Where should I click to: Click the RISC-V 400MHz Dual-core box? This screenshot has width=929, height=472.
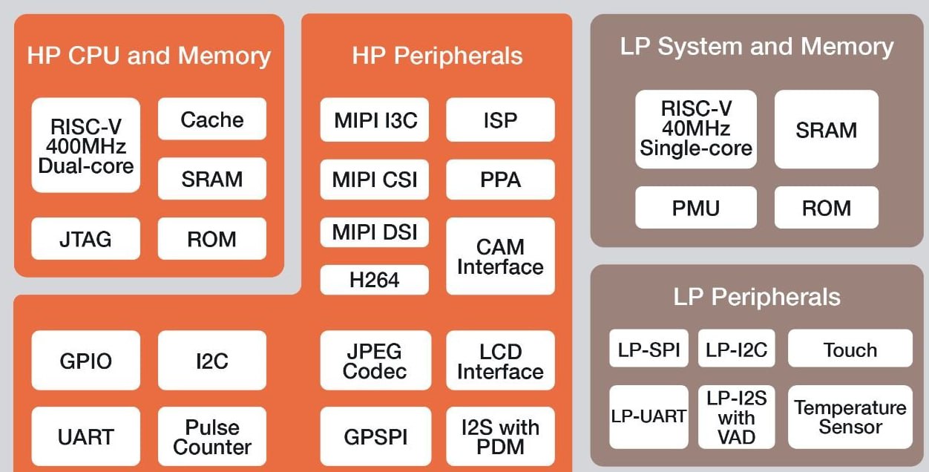click(x=85, y=145)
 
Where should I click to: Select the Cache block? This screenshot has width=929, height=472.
click(x=212, y=119)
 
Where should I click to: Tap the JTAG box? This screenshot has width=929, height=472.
click(x=85, y=239)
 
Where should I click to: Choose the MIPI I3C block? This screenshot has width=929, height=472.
click(x=375, y=119)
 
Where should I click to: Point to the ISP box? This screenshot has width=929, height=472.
click(x=500, y=119)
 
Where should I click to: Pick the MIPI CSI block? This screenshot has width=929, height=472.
click(x=375, y=179)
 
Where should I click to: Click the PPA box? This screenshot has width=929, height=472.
click(x=500, y=179)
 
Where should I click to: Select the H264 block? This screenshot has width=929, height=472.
click(x=375, y=280)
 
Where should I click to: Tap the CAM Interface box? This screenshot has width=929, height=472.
click(x=500, y=256)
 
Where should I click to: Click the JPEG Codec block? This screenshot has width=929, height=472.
click(x=375, y=361)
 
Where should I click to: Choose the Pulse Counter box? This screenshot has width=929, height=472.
click(x=212, y=437)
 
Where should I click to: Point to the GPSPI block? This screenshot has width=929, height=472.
click(x=375, y=437)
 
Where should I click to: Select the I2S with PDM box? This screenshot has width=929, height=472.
click(x=500, y=437)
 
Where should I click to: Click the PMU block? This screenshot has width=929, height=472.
click(x=696, y=207)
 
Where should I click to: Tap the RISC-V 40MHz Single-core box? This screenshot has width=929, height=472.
click(x=696, y=129)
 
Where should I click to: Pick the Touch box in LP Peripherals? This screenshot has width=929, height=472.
click(x=850, y=349)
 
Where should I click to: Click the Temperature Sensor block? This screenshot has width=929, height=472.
click(x=850, y=417)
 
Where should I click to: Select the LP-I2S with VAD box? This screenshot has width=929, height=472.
click(x=736, y=417)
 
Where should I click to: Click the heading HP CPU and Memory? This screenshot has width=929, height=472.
click(x=148, y=56)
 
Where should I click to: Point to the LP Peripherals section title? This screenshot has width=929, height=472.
click(x=757, y=297)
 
